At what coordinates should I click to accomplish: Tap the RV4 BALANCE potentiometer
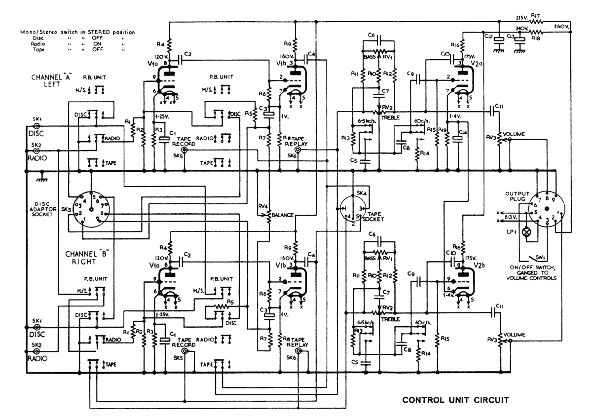(269, 215)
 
